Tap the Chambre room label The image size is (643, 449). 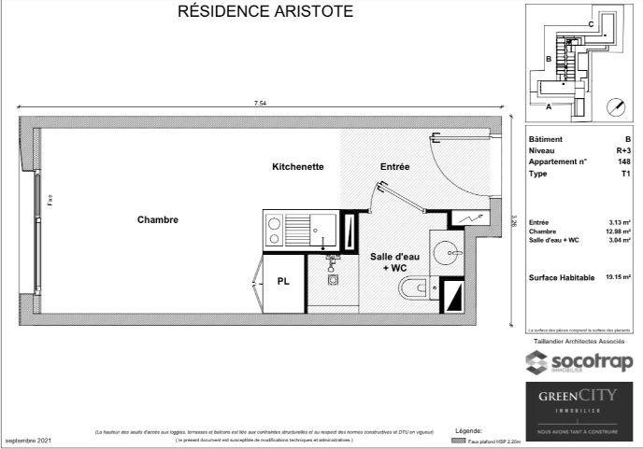click(x=157, y=220)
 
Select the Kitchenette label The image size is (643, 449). click(x=297, y=167)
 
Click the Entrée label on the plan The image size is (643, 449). click(x=394, y=167)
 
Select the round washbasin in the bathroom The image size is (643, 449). click(x=448, y=253)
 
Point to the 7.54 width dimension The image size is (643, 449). click(x=260, y=104)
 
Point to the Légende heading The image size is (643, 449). click(x=467, y=430)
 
